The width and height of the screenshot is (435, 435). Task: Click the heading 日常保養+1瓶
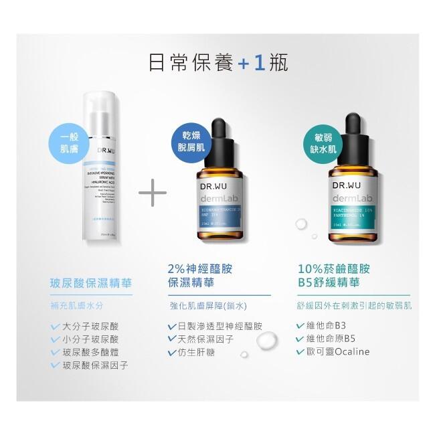pyautogui.click(x=217, y=64)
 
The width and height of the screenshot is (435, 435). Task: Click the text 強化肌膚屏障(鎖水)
pyautogui.click(x=208, y=306)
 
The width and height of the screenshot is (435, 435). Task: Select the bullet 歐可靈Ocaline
pyautogui.click(x=338, y=352)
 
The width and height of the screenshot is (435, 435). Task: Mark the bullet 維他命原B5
pyautogui.click(x=331, y=339)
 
